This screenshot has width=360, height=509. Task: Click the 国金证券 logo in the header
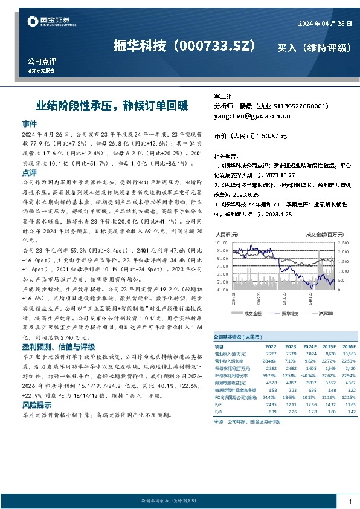coord(51,22)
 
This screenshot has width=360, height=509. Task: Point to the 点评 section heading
coord(30,172)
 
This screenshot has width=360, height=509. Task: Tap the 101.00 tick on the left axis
coord(222,243)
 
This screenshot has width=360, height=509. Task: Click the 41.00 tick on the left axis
coord(222,290)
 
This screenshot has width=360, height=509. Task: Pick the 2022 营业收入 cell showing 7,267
coord(270,352)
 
